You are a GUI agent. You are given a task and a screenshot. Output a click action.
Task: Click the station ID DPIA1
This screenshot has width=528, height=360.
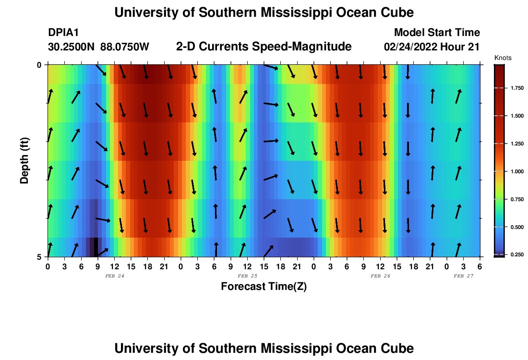[63, 33]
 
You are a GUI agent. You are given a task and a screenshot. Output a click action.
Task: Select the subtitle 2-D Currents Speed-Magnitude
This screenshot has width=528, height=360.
[264, 47]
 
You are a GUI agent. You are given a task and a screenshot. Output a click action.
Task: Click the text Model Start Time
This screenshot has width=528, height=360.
[437, 33]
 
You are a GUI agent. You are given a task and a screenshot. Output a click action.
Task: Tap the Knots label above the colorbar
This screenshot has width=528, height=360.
[503, 58]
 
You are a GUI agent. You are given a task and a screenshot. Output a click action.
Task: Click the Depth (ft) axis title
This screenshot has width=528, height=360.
[24, 161]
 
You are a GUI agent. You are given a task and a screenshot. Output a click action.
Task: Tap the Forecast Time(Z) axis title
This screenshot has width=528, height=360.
[264, 287]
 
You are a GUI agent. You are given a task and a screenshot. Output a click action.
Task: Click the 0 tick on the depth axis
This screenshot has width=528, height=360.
[39, 65]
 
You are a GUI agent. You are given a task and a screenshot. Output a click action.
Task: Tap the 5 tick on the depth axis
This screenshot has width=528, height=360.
[39, 257]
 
